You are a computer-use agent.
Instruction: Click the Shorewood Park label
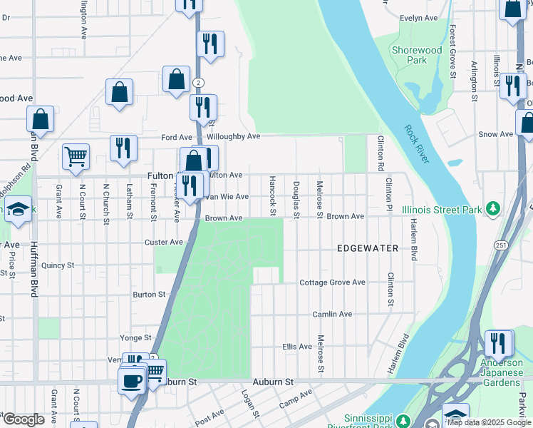click(x=417, y=55)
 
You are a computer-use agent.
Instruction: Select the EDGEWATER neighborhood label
click(x=368, y=248)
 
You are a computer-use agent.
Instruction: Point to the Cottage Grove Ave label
click(x=332, y=282)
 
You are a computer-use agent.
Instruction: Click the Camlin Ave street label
click(x=332, y=314)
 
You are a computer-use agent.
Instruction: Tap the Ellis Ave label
click(x=297, y=347)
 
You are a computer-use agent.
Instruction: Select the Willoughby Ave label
click(x=234, y=136)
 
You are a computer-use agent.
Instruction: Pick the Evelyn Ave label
click(x=418, y=19)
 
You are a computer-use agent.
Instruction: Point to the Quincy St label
click(x=58, y=265)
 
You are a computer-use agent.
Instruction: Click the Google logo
click(x=23, y=419)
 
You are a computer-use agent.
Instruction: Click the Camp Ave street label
click(x=295, y=399)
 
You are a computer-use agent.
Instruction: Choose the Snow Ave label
click(x=496, y=134)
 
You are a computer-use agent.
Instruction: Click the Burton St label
click(x=149, y=294)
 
